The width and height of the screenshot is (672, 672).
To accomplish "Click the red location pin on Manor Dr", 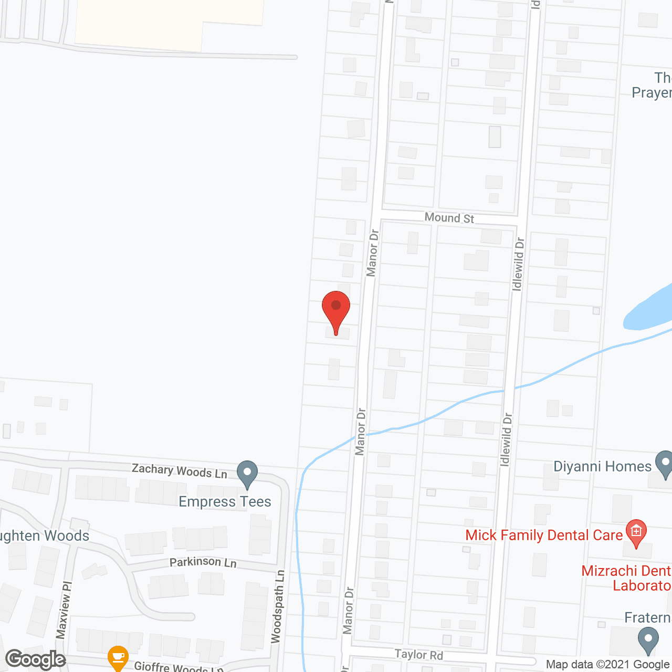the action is click(336, 310).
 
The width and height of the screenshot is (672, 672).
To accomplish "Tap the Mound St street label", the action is click(449, 217).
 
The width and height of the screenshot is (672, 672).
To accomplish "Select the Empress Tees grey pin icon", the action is click(247, 473).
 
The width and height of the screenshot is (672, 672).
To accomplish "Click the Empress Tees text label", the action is click(225, 502).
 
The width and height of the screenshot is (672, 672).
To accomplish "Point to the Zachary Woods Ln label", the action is click(180, 470).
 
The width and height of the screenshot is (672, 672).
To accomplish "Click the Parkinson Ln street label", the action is click(203, 562).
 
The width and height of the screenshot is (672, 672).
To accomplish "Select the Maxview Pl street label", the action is click(64, 610).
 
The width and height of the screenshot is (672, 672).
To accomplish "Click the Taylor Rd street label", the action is click(419, 654).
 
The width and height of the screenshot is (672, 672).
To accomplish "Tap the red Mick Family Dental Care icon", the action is click(636, 531).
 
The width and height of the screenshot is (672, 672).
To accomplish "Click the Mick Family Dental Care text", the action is click(544, 535).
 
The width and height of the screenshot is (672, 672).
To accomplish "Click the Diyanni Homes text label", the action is click(602, 466).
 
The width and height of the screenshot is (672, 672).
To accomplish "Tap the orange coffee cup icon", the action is click(118, 657).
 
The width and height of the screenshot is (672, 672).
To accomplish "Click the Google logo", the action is click(36, 659).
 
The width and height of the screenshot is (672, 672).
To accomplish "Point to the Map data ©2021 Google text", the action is click(608, 664).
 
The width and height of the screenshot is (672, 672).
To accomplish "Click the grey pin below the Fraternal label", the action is click(648, 640).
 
